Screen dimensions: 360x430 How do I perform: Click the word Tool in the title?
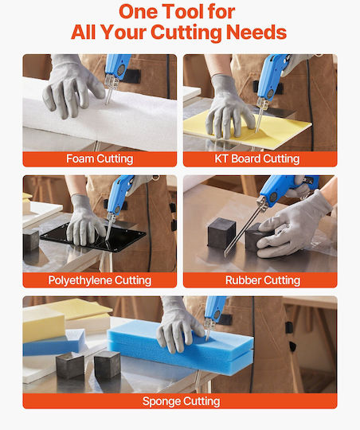182,12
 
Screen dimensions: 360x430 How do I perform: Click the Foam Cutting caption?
100,158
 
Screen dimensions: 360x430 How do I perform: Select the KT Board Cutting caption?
256,158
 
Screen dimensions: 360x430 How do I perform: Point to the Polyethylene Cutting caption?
100,280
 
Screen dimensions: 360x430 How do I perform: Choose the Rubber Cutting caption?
263,280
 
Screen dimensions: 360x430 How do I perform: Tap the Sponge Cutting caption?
181,401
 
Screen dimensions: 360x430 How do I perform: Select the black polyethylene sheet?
93,236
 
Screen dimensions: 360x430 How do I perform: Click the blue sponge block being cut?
180,347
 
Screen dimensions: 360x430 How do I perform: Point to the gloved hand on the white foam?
72,88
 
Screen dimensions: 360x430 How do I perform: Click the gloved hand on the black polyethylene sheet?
84,221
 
